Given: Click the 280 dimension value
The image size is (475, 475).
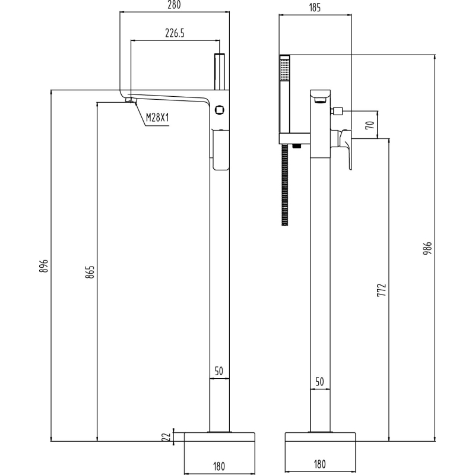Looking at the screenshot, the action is pos(174,5).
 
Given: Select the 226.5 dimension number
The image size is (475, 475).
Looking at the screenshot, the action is pos(175,33).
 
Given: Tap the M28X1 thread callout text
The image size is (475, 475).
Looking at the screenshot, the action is pos(157,117).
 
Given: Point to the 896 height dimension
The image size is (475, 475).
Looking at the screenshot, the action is pos(44,265).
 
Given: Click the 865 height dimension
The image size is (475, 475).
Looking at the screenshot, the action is pos(90,272).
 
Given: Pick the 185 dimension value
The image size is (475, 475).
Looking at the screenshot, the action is pos(315,8).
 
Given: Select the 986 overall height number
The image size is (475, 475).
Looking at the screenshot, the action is pos(427,248).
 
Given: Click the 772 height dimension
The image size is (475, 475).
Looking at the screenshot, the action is pos(382,290).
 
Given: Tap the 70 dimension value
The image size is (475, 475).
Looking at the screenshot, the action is pos(369,125).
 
